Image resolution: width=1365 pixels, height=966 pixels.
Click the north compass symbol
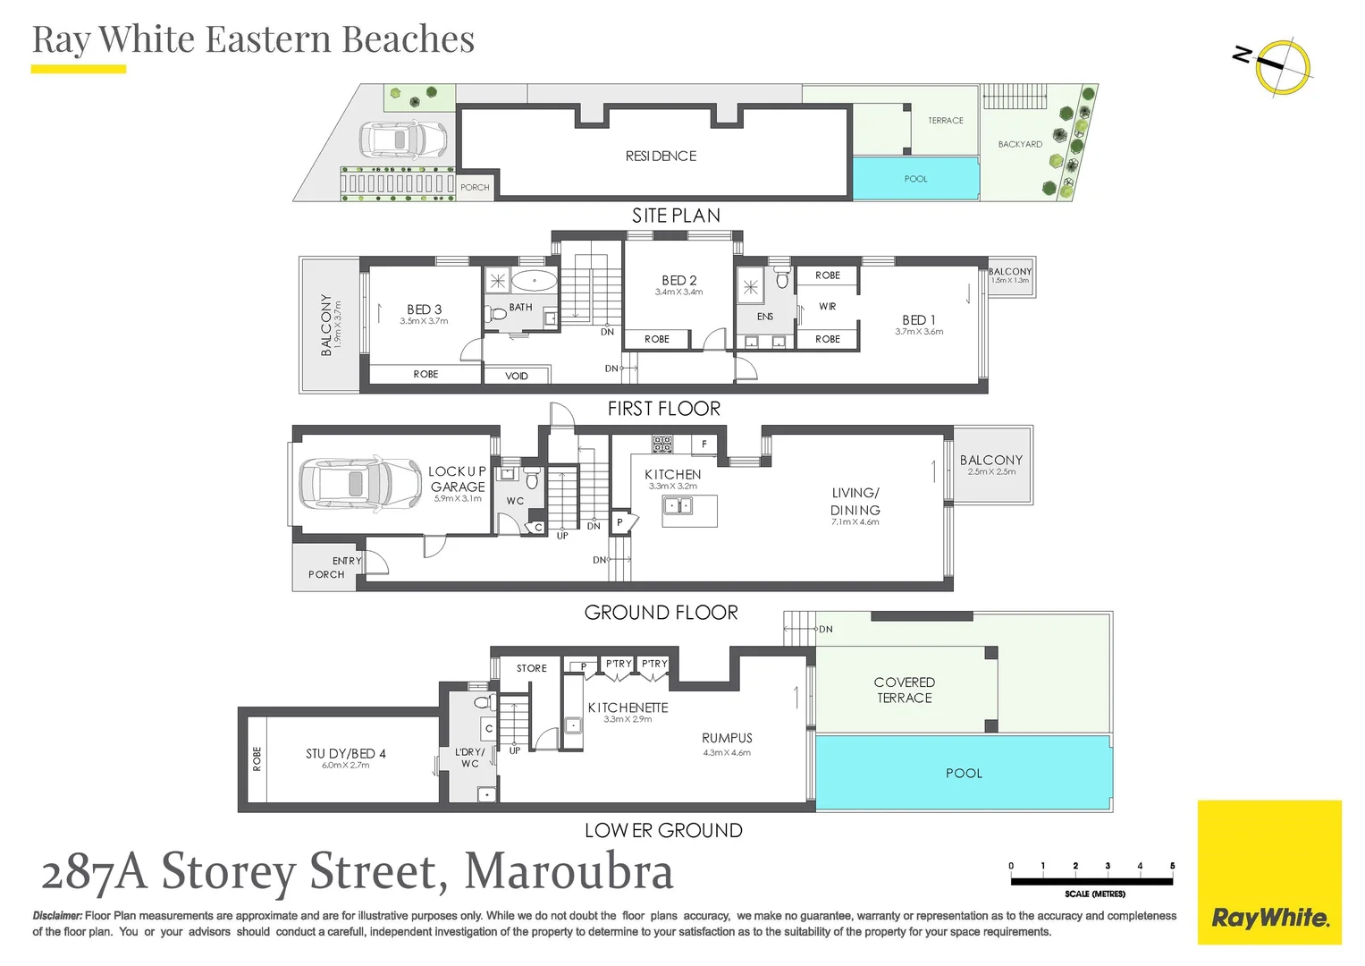[x=1282, y=67]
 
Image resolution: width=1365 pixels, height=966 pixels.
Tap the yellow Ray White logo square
[x=1268, y=872]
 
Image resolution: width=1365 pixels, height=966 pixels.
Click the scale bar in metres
[x=1091, y=881]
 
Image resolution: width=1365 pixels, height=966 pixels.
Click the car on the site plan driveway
[x=403, y=140]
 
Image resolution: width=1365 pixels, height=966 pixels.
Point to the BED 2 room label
[x=678, y=281]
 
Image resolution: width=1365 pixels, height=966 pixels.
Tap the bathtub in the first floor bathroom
[x=535, y=281]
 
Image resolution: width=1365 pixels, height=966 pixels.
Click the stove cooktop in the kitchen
[x=661, y=443]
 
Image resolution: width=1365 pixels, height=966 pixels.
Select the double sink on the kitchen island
[x=677, y=506]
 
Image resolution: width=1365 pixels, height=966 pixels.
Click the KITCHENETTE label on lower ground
[x=628, y=708]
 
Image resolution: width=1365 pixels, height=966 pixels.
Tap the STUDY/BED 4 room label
[x=345, y=754]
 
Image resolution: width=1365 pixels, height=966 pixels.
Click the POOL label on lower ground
[x=964, y=774]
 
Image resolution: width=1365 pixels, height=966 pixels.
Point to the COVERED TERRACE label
[x=904, y=691]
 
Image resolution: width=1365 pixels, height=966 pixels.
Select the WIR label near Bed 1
[x=828, y=307]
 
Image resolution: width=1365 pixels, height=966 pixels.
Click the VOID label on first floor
[x=517, y=377]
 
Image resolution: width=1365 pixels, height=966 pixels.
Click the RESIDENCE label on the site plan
[x=661, y=157]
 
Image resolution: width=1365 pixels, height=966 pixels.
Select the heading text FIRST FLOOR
[x=663, y=409]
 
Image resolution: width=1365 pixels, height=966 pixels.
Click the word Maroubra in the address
[x=569, y=871]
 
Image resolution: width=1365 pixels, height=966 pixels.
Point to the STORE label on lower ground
[x=531, y=668]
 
